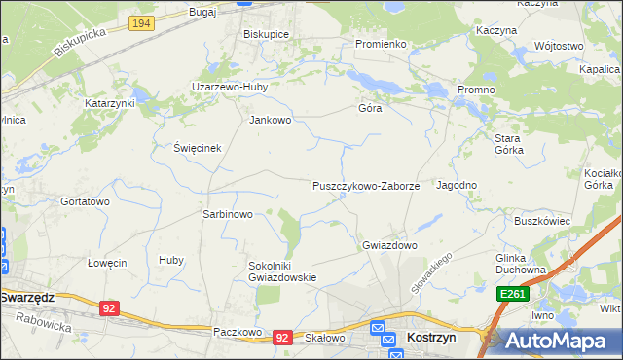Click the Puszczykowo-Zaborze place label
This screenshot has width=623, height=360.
[x=365, y=185]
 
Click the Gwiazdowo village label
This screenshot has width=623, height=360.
[x=389, y=245]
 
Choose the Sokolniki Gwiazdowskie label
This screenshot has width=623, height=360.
[x=283, y=270]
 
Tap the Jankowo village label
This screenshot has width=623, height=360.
[x=271, y=121]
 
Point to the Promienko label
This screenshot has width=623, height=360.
[x=381, y=44]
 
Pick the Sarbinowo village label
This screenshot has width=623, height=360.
[x=227, y=214]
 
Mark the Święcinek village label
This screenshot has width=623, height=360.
[x=198, y=148]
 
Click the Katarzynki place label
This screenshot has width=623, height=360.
[x=110, y=102]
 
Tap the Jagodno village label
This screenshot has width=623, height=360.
[x=457, y=185]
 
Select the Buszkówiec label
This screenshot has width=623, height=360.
[x=542, y=221]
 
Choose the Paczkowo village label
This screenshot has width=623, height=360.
[x=238, y=332]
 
